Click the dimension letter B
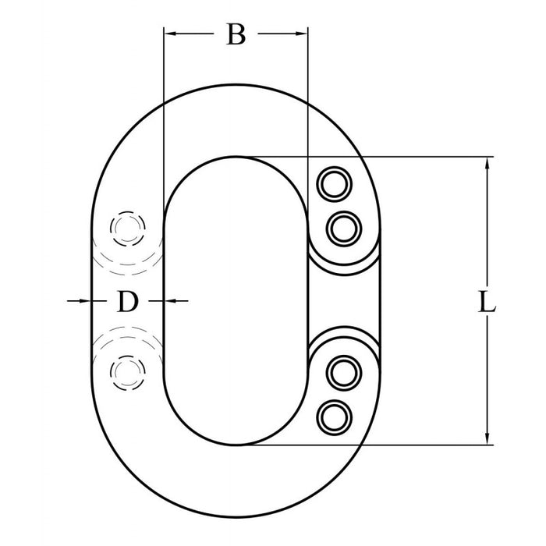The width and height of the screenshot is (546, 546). tap(236, 34)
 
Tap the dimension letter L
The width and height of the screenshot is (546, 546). tap(487, 303)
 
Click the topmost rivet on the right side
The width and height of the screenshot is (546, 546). tap(333, 184)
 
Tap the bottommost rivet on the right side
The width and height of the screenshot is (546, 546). tap(333, 417)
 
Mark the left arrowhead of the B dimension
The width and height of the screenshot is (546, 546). tap(169, 34)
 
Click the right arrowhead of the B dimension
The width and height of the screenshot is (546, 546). tap(302, 34)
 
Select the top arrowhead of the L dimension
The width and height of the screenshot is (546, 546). tap(488, 163)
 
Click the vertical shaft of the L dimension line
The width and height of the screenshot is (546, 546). tap(488, 234)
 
